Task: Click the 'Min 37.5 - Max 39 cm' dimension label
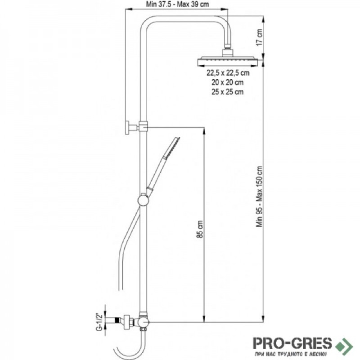pyautogui.click(x=177, y=4)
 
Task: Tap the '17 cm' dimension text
pyautogui.click(x=259, y=37)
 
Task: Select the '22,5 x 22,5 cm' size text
pyautogui.click(x=228, y=73)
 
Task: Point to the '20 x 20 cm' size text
pyautogui.click(x=228, y=82)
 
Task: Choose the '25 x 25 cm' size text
pyautogui.click(x=228, y=92)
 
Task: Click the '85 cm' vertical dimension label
pyautogui.click(x=200, y=229)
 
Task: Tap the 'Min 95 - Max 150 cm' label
pyautogui.click(x=260, y=196)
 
